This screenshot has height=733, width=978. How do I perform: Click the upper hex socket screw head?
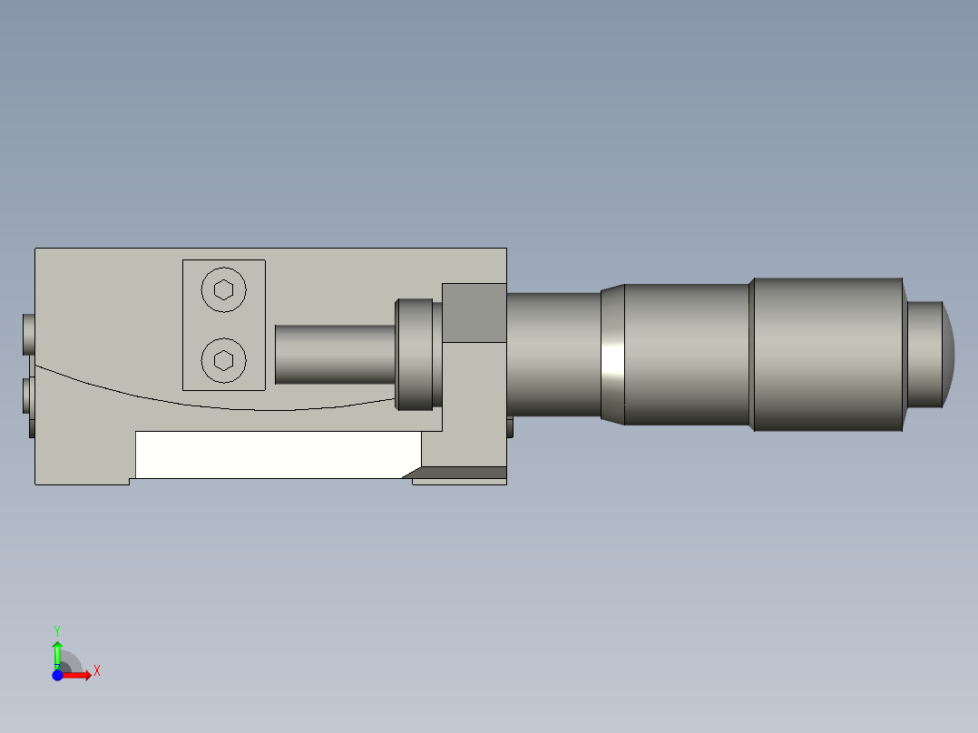click(x=223, y=290)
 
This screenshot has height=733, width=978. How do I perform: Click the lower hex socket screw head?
click(x=223, y=361)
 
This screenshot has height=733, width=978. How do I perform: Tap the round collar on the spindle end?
click(x=414, y=354)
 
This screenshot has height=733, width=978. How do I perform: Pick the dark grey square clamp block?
click(x=474, y=313)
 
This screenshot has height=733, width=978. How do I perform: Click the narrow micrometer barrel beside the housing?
click(x=553, y=354)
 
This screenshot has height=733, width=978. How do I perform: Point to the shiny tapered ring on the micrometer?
click(x=613, y=354)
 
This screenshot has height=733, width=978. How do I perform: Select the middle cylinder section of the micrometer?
click(x=687, y=354)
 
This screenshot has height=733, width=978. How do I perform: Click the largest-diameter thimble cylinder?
click(x=827, y=354)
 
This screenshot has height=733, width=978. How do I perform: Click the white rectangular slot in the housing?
click(x=277, y=454)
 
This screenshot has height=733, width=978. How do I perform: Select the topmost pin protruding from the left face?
click(x=29, y=334)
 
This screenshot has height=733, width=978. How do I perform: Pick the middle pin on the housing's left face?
click(x=29, y=396)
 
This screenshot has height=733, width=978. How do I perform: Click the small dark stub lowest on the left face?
click(x=32, y=427)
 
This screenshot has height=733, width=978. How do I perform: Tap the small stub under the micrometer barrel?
click(x=510, y=426)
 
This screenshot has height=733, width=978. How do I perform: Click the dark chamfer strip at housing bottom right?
click(x=458, y=473)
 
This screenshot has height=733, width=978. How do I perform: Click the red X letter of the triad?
click(x=97, y=671)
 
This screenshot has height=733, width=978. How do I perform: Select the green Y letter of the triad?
click(x=56, y=630)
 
